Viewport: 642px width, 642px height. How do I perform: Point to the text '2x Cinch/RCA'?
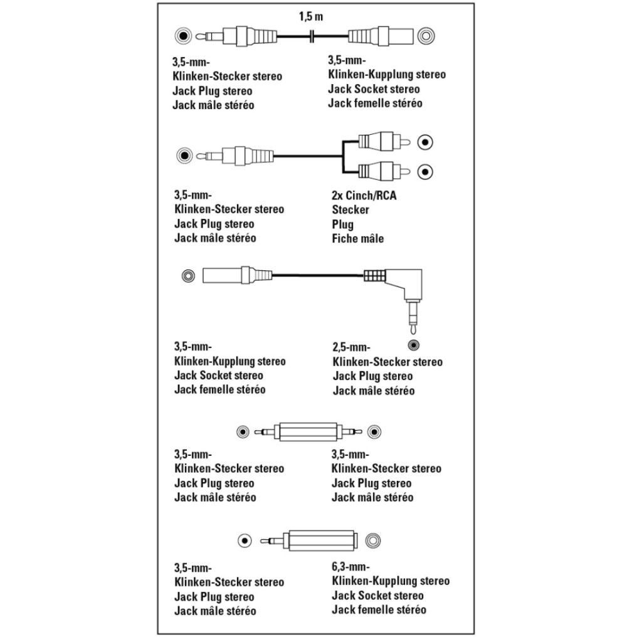[364, 196]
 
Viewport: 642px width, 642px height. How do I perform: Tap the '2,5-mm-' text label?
[352, 347]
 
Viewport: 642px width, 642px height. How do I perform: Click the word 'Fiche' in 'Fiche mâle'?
[344, 239]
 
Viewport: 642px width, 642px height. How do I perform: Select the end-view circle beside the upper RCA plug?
[426, 142]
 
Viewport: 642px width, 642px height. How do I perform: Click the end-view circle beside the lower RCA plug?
[426, 170]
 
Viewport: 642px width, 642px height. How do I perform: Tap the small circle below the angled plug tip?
[413, 344]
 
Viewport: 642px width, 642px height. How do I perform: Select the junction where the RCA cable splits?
[342, 156]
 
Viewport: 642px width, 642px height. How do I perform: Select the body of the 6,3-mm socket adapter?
[323, 539]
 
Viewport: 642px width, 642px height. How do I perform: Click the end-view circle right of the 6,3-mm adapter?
[374, 539]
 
